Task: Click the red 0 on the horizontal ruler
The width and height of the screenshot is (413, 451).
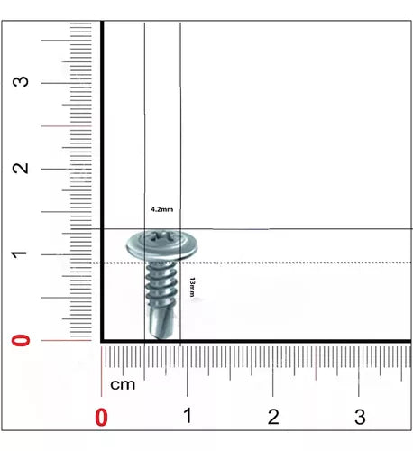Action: (101, 417)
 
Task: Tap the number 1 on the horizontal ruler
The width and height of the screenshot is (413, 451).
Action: (188, 416)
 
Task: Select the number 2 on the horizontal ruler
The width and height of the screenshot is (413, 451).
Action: (273, 417)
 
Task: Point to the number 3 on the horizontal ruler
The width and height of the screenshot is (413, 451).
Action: (360, 417)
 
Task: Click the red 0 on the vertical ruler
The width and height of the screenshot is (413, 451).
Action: (21, 340)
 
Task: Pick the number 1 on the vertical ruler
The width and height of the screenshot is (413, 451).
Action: (19, 254)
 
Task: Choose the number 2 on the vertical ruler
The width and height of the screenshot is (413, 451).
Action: (20, 169)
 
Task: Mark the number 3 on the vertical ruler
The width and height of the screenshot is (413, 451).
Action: (20, 82)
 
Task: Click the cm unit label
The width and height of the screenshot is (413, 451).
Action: (123, 384)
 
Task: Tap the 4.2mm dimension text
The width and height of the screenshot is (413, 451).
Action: (162, 209)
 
